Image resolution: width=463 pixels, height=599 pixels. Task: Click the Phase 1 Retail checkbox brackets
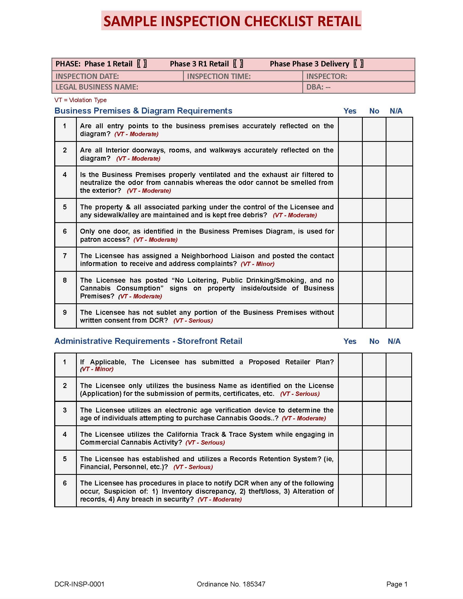coord(142,64)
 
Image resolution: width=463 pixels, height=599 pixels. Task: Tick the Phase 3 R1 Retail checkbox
coord(238,64)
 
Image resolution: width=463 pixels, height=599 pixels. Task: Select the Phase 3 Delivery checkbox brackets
coord(358,64)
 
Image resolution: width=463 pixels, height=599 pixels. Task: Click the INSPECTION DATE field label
coord(87,76)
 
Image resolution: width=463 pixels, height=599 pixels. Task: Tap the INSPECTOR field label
coord(326,76)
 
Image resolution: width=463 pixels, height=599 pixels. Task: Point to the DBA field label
coord(318,87)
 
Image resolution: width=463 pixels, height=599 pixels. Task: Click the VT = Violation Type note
coord(80,100)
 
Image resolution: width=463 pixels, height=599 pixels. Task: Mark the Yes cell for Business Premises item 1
coord(350,129)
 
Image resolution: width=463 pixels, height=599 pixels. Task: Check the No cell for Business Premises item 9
coord(374,316)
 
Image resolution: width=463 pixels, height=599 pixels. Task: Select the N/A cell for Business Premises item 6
coord(399,235)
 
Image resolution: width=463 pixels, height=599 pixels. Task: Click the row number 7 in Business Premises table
coord(65,256)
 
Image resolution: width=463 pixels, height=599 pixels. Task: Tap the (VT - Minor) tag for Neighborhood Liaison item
coord(257,264)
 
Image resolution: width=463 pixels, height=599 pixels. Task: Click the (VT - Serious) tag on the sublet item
coord(193,321)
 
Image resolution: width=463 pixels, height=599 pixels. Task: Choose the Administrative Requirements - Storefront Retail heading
coord(148,341)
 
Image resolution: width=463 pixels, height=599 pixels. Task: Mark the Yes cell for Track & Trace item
coord(350,438)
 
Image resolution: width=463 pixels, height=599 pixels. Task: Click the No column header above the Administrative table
coord(374,341)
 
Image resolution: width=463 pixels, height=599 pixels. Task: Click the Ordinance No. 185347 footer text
coord(231,584)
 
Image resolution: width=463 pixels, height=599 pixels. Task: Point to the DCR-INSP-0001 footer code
coord(79,584)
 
